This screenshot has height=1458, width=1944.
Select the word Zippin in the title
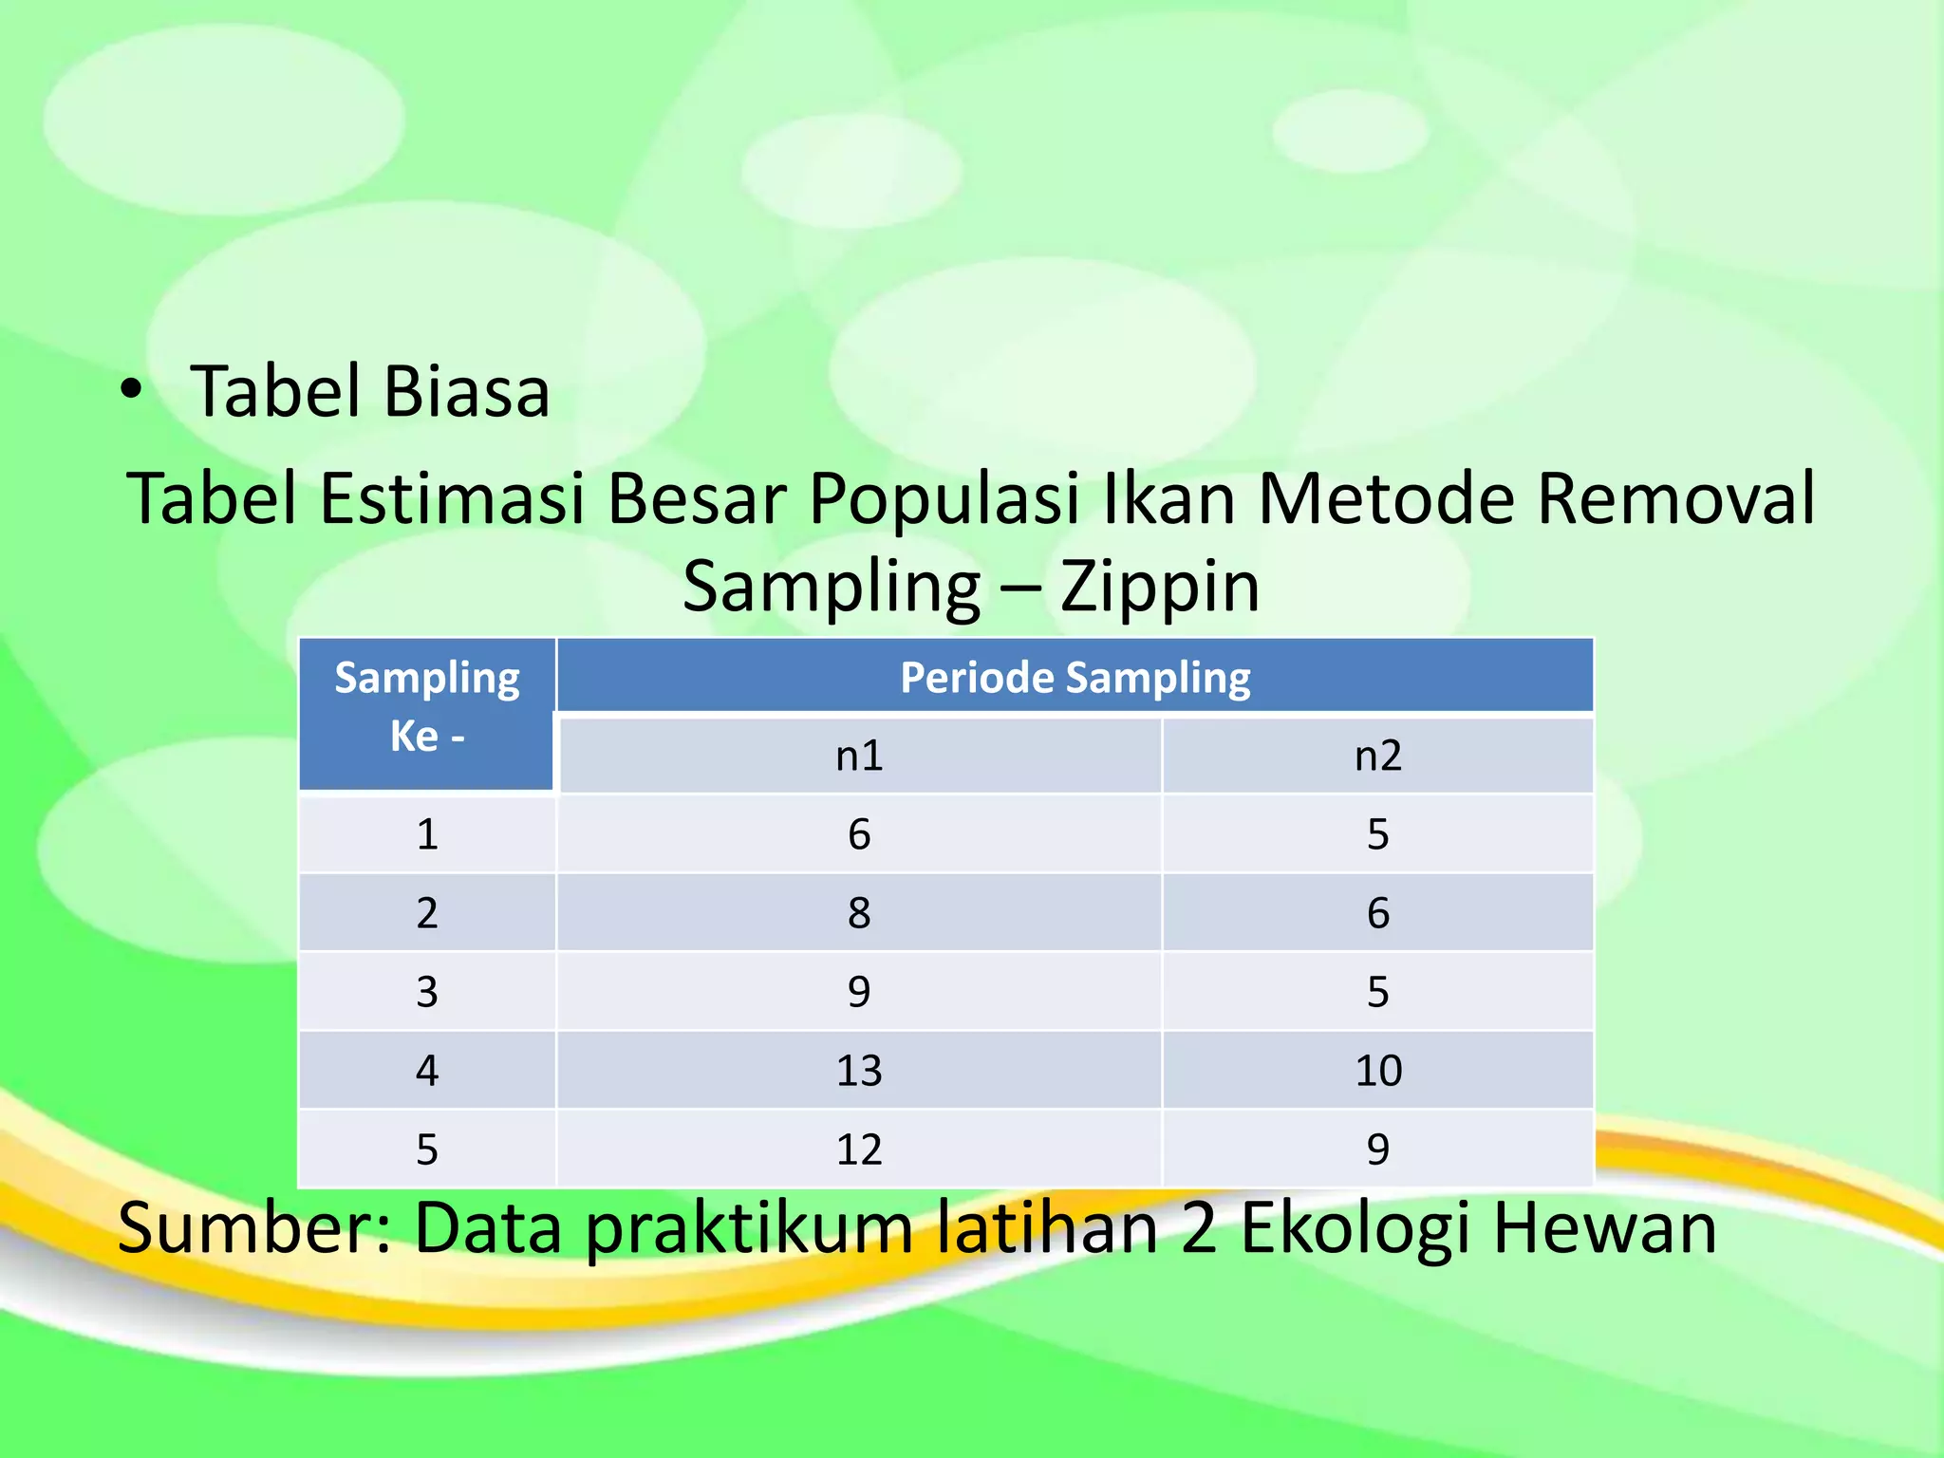[x=1160, y=586]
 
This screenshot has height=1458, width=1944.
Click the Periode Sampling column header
[x=1075, y=677]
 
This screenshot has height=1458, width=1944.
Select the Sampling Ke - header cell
[x=427, y=707]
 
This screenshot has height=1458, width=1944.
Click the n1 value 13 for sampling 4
[x=859, y=1071]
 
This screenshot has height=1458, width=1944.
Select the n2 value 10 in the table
[x=1377, y=1071]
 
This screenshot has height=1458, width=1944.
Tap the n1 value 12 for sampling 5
[x=859, y=1150]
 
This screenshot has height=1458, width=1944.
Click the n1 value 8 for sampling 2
[x=859, y=913]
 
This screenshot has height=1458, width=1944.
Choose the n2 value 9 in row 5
[x=1377, y=1150]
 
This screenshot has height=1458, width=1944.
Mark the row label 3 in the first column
[x=427, y=992]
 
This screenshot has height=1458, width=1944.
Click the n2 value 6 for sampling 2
[x=1377, y=913]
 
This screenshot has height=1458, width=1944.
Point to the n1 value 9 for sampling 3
[x=859, y=992]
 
